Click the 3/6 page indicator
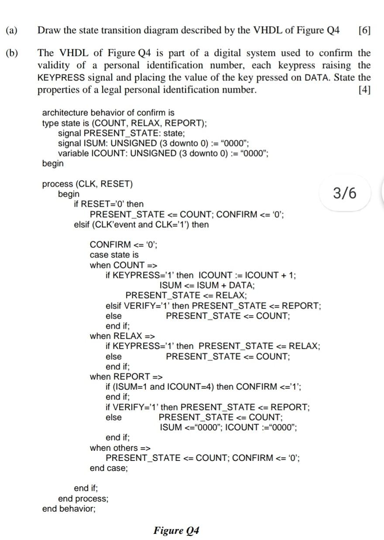click(x=344, y=193)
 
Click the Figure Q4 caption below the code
click(x=176, y=530)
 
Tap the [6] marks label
click(x=364, y=30)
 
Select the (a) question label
click(x=12, y=30)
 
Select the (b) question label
click(x=12, y=53)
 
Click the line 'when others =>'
click(x=120, y=447)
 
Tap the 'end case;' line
click(x=109, y=468)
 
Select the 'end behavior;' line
click(x=69, y=509)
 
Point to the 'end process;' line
click(x=83, y=498)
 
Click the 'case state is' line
click(x=114, y=255)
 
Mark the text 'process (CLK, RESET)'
click(x=87, y=184)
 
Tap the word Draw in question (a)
click(x=48, y=30)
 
